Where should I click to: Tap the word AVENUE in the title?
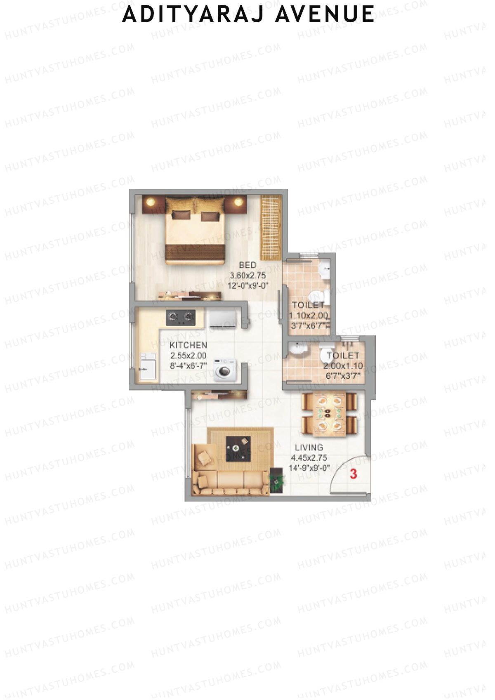pyautogui.click(x=325, y=14)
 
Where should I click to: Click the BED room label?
pyautogui.click(x=247, y=265)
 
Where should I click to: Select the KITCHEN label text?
pyautogui.click(x=188, y=345)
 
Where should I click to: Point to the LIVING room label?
pyautogui.click(x=309, y=447)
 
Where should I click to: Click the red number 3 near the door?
pyautogui.click(x=353, y=474)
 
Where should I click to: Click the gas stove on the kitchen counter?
pyautogui.click(x=181, y=317)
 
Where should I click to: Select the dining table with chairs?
pyautogui.click(x=329, y=413)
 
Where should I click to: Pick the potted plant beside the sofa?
pyautogui.click(x=277, y=481)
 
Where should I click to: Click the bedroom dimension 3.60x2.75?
pyautogui.click(x=247, y=275)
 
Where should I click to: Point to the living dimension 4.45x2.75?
pyautogui.click(x=309, y=457)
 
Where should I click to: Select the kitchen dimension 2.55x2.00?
pyautogui.click(x=188, y=356)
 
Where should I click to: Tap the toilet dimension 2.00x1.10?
pyautogui.click(x=343, y=365)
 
